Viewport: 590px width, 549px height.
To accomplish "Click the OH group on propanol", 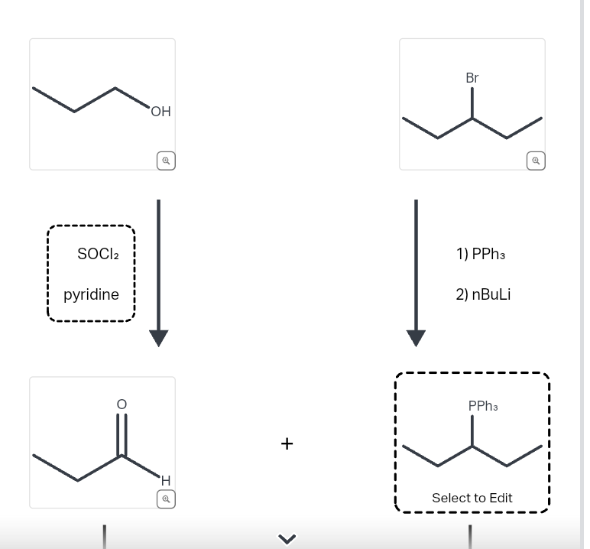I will (x=160, y=112).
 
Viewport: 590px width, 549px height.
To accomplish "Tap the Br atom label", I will (x=472, y=78).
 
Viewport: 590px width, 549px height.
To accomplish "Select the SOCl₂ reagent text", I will (x=97, y=254).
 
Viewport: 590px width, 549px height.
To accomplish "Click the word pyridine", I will (x=91, y=294).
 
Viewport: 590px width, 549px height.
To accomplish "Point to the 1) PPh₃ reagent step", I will (x=481, y=254).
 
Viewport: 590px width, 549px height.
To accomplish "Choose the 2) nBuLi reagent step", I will (x=483, y=294).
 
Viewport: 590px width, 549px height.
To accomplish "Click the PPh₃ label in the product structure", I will (x=483, y=406).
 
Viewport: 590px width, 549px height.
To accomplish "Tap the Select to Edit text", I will (x=472, y=498).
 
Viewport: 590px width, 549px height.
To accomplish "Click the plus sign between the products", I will (x=287, y=443).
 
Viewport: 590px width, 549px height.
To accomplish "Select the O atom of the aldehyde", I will (x=120, y=403).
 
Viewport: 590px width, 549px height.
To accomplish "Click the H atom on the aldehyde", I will (x=164, y=480).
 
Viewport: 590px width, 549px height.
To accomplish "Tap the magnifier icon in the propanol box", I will (x=165, y=161).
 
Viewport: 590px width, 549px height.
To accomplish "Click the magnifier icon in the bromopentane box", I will (x=536, y=161).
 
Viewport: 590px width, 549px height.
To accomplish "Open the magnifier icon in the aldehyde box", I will (x=165, y=499).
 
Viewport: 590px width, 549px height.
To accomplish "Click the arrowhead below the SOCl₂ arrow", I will (x=158, y=338).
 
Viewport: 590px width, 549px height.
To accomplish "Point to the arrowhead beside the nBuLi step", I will (x=416, y=338).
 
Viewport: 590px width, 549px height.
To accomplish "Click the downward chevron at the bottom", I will (x=287, y=539).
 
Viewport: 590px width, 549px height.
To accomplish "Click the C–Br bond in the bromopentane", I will (x=472, y=103).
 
